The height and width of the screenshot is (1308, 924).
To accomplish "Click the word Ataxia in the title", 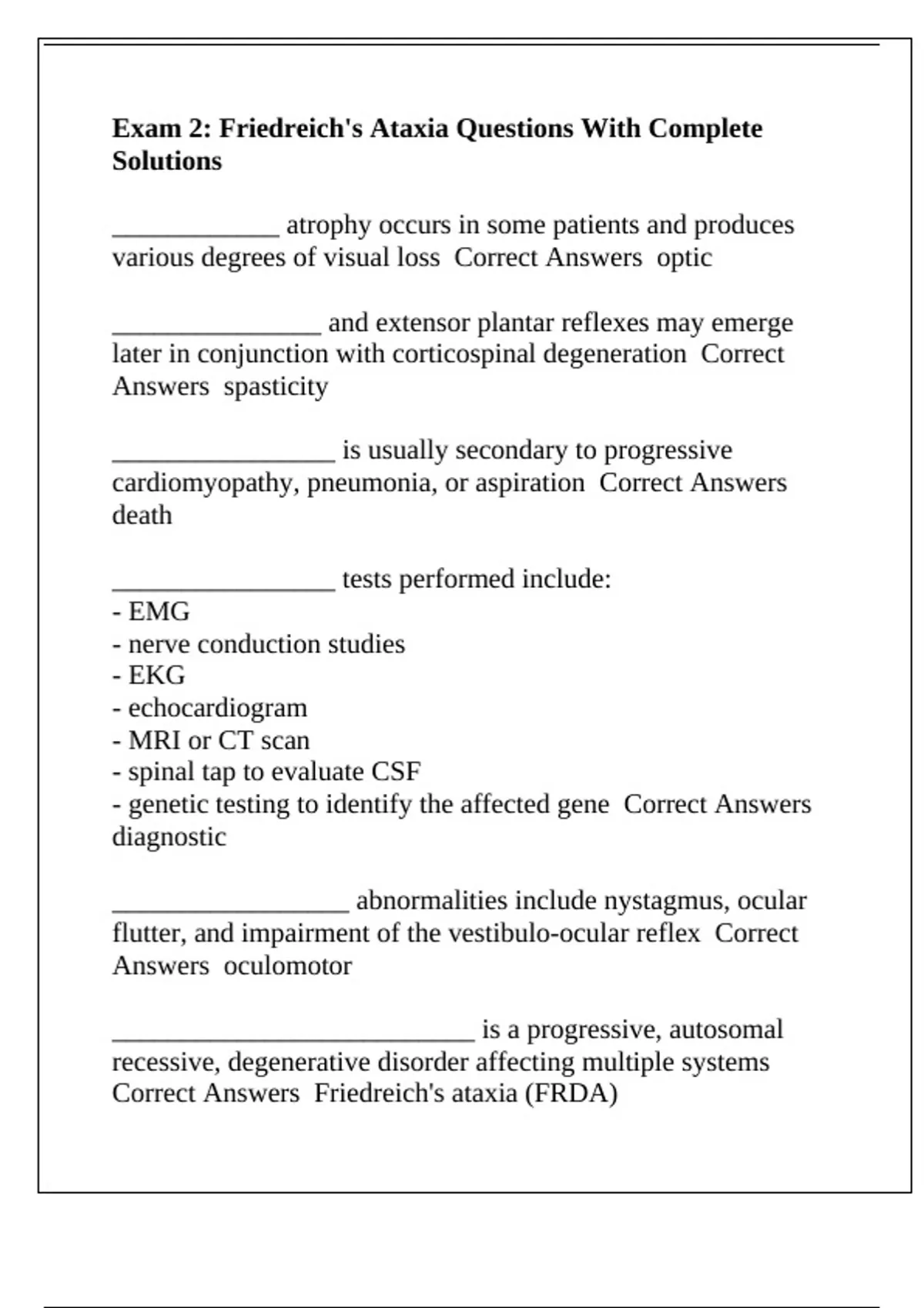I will coord(408,128).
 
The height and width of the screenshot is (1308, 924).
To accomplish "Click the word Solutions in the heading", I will coord(166,161).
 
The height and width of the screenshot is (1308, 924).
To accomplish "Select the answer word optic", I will coord(684,257).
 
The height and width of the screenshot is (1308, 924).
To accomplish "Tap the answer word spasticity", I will coord(276,386).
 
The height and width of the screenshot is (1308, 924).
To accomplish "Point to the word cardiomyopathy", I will coord(206,483).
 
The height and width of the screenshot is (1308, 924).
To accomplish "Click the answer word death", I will coord(142,515).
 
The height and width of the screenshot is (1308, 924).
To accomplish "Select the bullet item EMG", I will coord(159,612).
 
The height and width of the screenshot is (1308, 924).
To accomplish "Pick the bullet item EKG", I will coord(156,676).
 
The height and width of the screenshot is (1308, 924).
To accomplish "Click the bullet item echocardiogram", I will coord(217,708).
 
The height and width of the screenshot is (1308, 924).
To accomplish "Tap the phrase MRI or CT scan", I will coord(219,740).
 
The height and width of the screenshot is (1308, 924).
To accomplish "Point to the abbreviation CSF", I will coord(396,772).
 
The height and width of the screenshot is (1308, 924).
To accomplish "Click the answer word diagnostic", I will coord(169,836).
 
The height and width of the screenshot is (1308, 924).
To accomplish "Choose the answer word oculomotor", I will coord(287,966).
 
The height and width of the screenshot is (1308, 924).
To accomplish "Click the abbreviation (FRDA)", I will coord(571,1093).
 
